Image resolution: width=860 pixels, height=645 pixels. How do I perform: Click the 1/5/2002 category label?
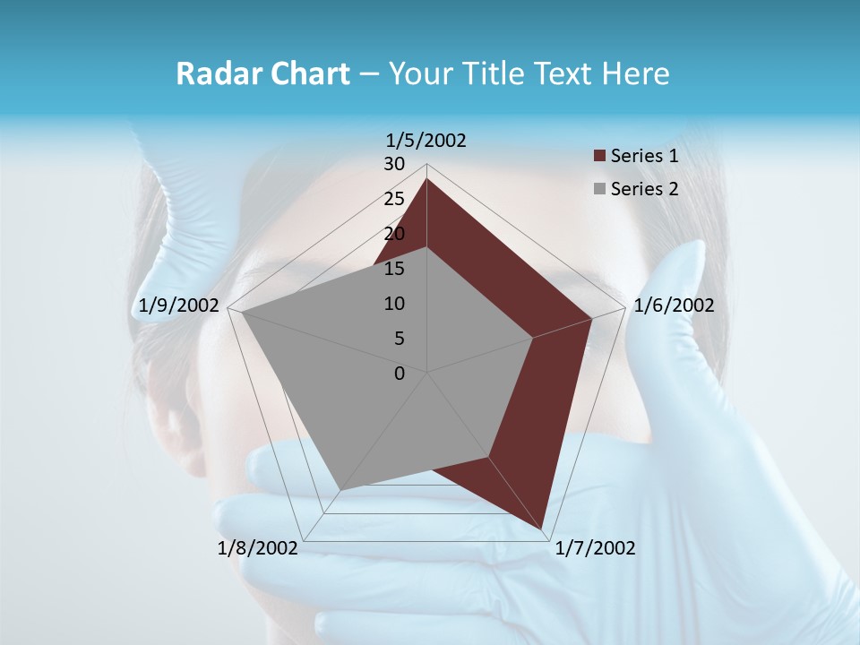click(x=426, y=140)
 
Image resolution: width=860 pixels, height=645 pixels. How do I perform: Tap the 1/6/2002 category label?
click(x=674, y=305)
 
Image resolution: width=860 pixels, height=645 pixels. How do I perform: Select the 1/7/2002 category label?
click(x=595, y=548)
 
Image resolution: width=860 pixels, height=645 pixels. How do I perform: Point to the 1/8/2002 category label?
click(x=258, y=548)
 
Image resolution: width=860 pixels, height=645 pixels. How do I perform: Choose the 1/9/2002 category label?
click(x=179, y=305)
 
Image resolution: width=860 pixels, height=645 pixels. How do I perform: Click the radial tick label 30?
click(x=394, y=164)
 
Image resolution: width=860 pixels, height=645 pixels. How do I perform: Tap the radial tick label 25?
click(x=394, y=199)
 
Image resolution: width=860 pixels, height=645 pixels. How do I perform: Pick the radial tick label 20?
click(x=394, y=234)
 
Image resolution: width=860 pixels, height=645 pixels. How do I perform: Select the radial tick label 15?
click(x=394, y=269)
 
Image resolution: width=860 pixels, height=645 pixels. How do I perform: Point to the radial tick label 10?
click(x=394, y=304)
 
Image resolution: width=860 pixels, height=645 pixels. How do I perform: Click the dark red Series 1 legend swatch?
click(x=599, y=156)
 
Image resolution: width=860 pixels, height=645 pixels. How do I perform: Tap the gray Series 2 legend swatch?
click(x=599, y=189)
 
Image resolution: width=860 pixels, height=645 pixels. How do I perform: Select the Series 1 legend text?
click(x=644, y=156)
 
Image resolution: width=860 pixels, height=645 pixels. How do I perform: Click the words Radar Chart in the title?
click(x=262, y=74)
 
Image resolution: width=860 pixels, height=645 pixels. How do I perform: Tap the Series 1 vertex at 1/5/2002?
click(x=426, y=178)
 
